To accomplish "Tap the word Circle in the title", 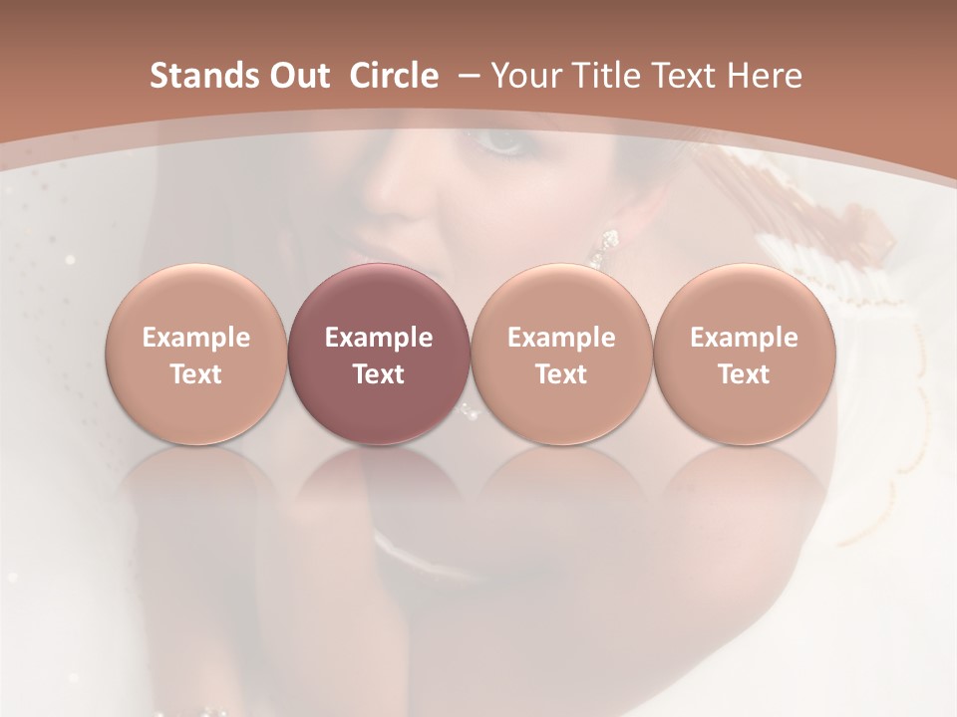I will click(394, 76).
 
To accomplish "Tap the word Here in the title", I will click(769, 76).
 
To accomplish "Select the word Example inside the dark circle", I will click(379, 338).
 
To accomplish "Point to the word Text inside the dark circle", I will click(379, 374).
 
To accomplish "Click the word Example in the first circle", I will click(195, 338).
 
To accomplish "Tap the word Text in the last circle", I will click(744, 374).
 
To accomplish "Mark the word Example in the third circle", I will click(561, 338).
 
